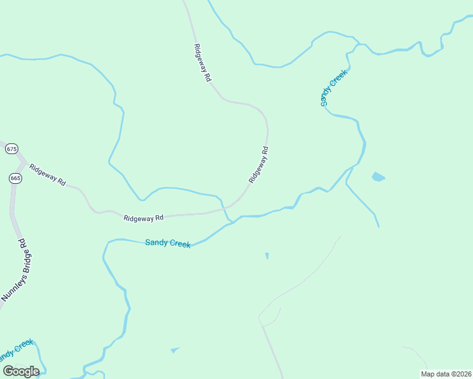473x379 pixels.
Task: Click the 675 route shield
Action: (11, 149)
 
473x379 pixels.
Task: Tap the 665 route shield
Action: (16, 179)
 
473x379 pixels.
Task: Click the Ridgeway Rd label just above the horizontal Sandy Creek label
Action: (144, 218)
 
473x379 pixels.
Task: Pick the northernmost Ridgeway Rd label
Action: (202, 63)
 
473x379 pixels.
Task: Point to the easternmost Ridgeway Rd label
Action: (259, 165)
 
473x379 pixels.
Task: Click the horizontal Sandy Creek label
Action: (168, 243)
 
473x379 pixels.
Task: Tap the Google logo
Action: (21, 371)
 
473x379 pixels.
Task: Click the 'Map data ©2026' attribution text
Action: (445, 374)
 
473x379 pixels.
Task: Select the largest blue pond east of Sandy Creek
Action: (378, 177)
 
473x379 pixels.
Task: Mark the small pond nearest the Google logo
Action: (175, 349)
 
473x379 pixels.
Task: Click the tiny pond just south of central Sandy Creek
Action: (267, 256)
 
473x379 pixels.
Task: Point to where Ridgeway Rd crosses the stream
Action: (225, 208)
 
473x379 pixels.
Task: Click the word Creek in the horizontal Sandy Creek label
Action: (180, 244)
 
